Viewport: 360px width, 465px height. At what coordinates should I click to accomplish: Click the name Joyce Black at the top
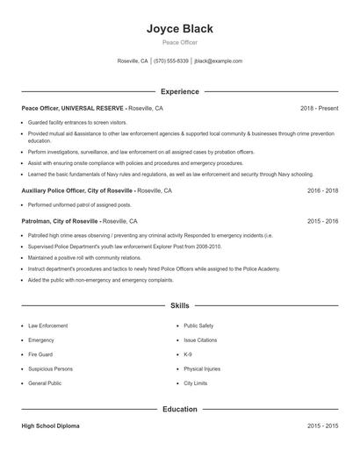pos(179,29)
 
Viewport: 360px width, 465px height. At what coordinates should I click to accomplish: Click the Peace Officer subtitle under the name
pos(179,43)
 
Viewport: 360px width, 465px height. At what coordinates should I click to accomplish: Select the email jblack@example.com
pos(218,61)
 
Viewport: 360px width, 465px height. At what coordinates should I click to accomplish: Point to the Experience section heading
pos(179,91)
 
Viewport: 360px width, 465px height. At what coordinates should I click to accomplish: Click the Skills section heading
pos(179,305)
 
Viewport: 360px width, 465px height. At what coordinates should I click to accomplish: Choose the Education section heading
pos(179,409)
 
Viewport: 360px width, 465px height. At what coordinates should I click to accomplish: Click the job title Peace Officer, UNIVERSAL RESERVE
pos(74,108)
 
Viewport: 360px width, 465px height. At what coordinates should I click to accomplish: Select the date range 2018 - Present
pos(319,108)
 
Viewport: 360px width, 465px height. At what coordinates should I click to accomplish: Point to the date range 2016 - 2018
pos(322,190)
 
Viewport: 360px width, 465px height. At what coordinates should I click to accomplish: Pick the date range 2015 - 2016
pos(322,221)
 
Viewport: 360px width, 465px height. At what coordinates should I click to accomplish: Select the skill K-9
pos(188,354)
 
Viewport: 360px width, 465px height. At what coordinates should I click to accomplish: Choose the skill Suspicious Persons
pos(50,369)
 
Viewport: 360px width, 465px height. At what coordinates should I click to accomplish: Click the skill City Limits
pos(196,383)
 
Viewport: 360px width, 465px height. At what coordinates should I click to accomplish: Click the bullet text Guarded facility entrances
pos(77,123)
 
